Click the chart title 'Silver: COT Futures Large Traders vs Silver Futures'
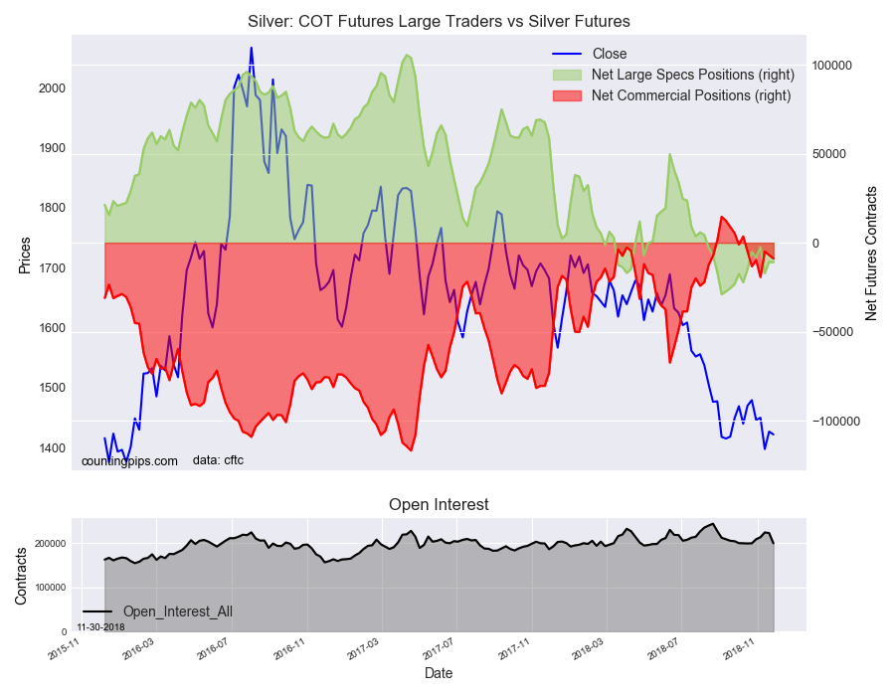click(439, 21)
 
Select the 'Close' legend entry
click(609, 54)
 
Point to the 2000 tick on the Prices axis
click(52, 88)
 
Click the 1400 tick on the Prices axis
click(52, 448)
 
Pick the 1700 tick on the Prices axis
click(52, 268)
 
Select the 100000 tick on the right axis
click(832, 66)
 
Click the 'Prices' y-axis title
click(25, 256)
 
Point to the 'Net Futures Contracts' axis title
click(871, 253)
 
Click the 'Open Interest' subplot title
click(439, 505)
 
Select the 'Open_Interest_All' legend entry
click(177, 611)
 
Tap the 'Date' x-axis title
click(439, 673)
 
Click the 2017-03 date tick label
click(364, 648)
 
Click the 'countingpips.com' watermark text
click(129, 461)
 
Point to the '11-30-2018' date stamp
click(100, 627)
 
